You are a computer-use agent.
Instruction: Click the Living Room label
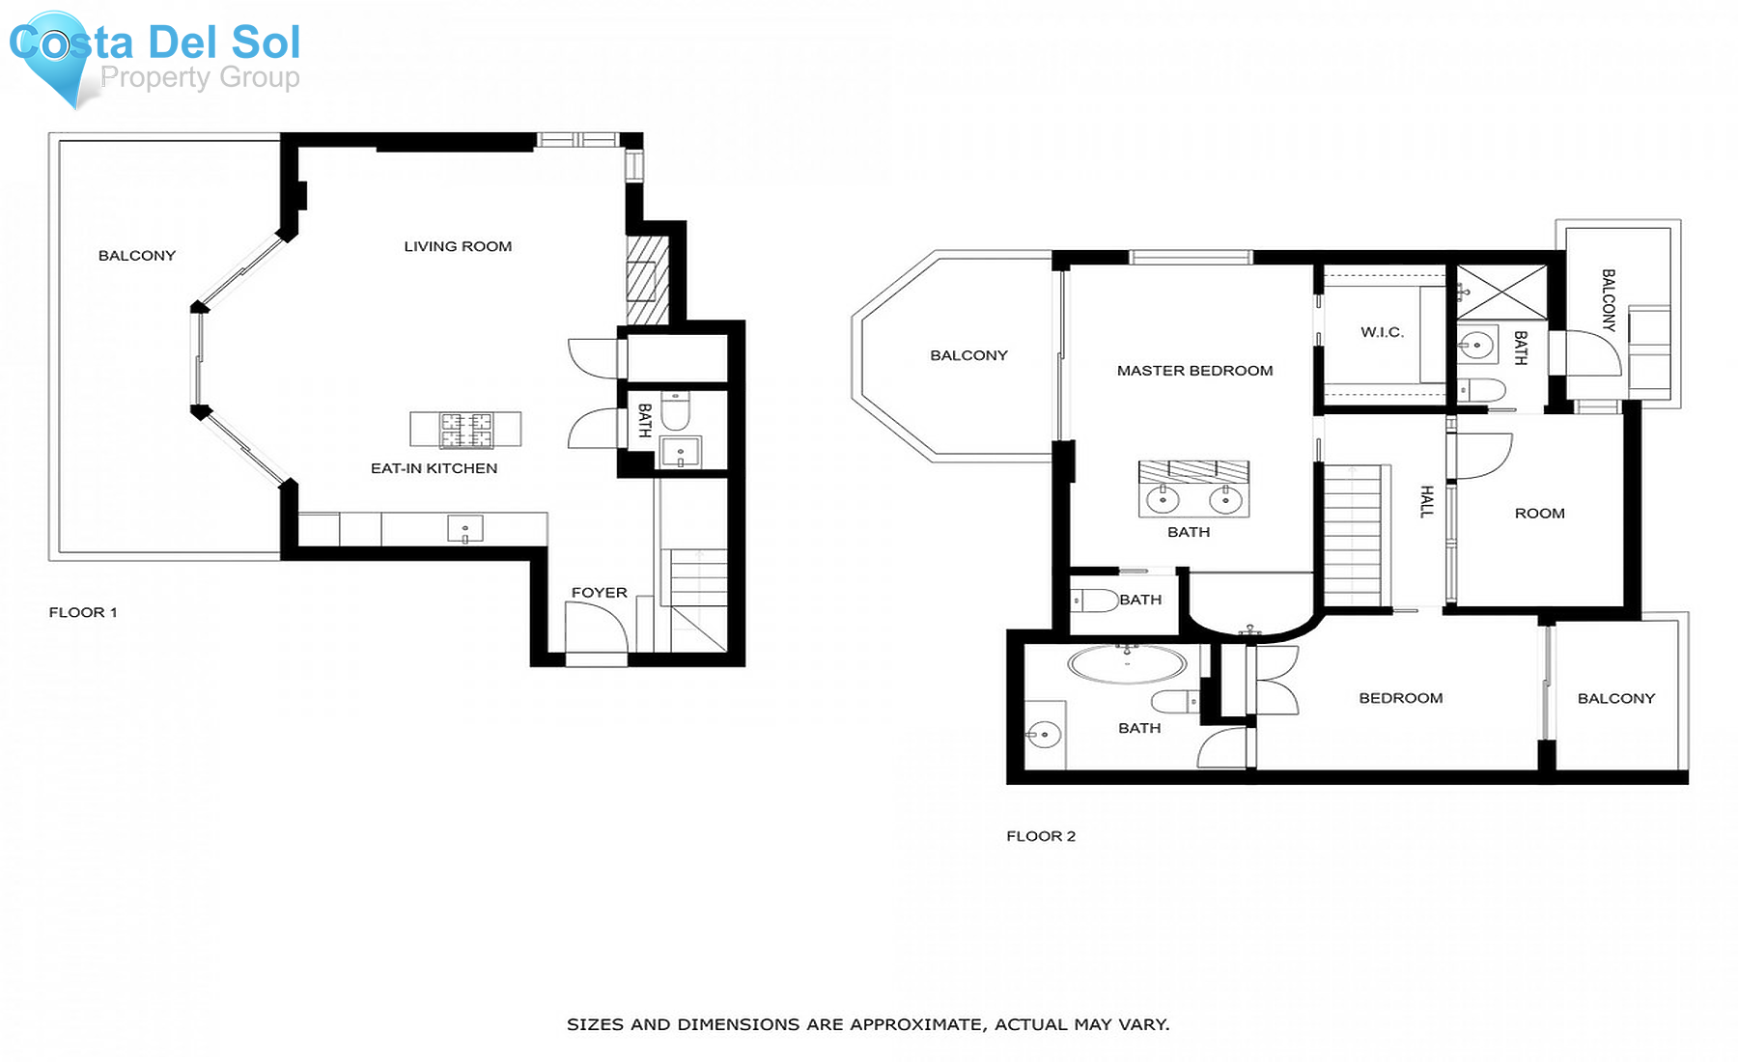458,246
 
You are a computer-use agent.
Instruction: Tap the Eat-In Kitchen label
434,468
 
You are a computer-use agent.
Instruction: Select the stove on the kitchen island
466,430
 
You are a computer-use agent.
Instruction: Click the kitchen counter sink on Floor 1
465,529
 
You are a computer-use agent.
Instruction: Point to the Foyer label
599,593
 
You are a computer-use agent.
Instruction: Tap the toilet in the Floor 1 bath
675,410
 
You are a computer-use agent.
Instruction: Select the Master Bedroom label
1194,371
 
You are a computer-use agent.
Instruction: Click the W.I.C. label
1382,332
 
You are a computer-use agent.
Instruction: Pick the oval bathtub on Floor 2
1127,664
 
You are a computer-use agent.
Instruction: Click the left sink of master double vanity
1163,500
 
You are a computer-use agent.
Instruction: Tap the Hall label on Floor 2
1427,501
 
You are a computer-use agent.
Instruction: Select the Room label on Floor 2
1539,514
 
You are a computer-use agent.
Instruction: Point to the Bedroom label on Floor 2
1400,698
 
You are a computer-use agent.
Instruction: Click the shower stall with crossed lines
1501,292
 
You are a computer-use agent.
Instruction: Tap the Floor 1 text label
83,612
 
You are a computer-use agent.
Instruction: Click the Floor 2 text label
1040,836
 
